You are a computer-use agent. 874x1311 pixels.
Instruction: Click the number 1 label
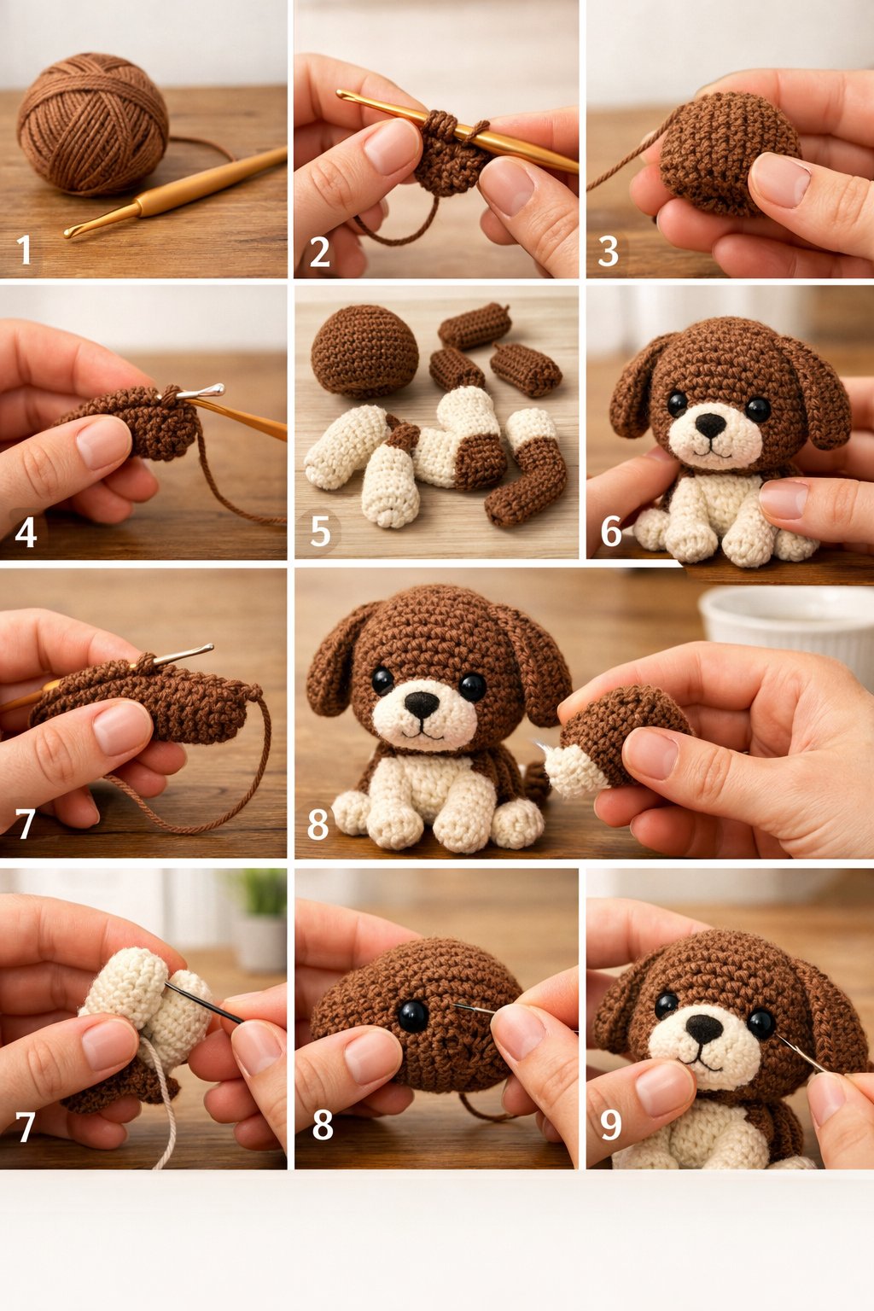coord(24,251)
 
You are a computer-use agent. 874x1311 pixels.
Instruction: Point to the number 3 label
coord(608,252)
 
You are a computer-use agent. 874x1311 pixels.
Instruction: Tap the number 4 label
coord(26,533)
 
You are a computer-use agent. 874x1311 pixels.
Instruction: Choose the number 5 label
coord(320,532)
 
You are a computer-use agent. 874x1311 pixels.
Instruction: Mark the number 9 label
coord(611,1126)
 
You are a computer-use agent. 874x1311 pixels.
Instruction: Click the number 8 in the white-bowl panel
coord(318,825)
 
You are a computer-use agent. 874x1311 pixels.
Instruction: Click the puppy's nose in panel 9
coord(704,1028)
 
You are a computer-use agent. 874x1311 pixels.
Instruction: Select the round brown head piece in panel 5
coord(364,350)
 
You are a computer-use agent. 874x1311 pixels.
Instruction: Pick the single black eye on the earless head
coord(413,1016)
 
